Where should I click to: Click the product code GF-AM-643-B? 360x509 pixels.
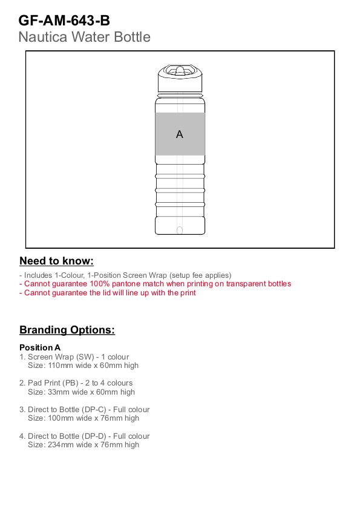pyautogui.click(x=64, y=21)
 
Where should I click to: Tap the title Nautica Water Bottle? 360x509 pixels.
pyautogui.click(x=84, y=37)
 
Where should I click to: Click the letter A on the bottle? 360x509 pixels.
pyautogui.click(x=180, y=134)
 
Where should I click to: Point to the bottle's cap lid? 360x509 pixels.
pyautogui.click(x=180, y=78)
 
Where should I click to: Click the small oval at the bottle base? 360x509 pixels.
pyautogui.click(x=180, y=230)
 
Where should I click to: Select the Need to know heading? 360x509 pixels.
pyautogui.click(x=56, y=261)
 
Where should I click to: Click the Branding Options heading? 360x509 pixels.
pyautogui.click(x=67, y=330)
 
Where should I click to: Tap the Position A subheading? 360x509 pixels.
pyautogui.click(x=40, y=347)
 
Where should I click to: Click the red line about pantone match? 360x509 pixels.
pyautogui.click(x=155, y=284)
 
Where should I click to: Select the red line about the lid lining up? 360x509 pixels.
pyautogui.click(x=108, y=293)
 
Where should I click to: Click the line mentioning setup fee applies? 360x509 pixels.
pyautogui.click(x=125, y=275)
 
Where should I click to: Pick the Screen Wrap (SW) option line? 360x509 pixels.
pyautogui.click(x=74, y=356)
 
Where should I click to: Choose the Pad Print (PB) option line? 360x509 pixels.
pyautogui.click(x=76, y=383)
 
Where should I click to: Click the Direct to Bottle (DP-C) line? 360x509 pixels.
pyautogui.click(x=84, y=410)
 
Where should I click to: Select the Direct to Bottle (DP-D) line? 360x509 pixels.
pyautogui.click(x=84, y=436)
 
